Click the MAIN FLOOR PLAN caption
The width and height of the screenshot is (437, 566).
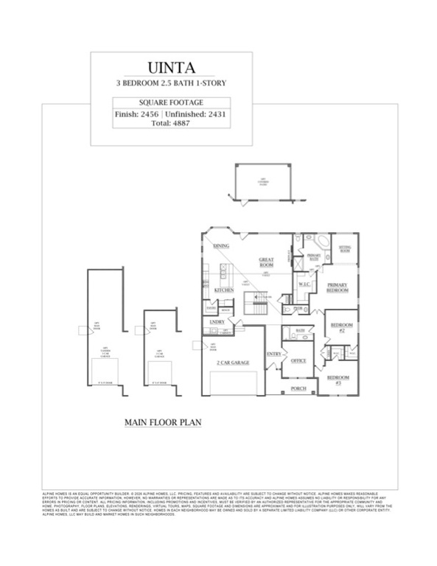(x=163, y=422)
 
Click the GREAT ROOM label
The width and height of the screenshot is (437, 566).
(x=266, y=263)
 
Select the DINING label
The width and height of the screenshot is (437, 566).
(x=221, y=245)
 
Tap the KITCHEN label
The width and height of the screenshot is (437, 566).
(x=223, y=290)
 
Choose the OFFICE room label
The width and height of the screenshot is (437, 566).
(x=298, y=361)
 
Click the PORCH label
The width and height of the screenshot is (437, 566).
(x=298, y=388)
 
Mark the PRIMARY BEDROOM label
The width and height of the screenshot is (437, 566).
(x=338, y=287)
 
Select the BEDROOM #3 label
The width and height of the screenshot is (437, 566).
(x=338, y=380)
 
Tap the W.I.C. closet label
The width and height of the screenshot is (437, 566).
(x=303, y=282)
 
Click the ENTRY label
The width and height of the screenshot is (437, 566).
(x=274, y=354)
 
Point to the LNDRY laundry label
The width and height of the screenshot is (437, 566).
(x=217, y=322)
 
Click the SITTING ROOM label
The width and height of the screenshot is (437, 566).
(x=344, y=249)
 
